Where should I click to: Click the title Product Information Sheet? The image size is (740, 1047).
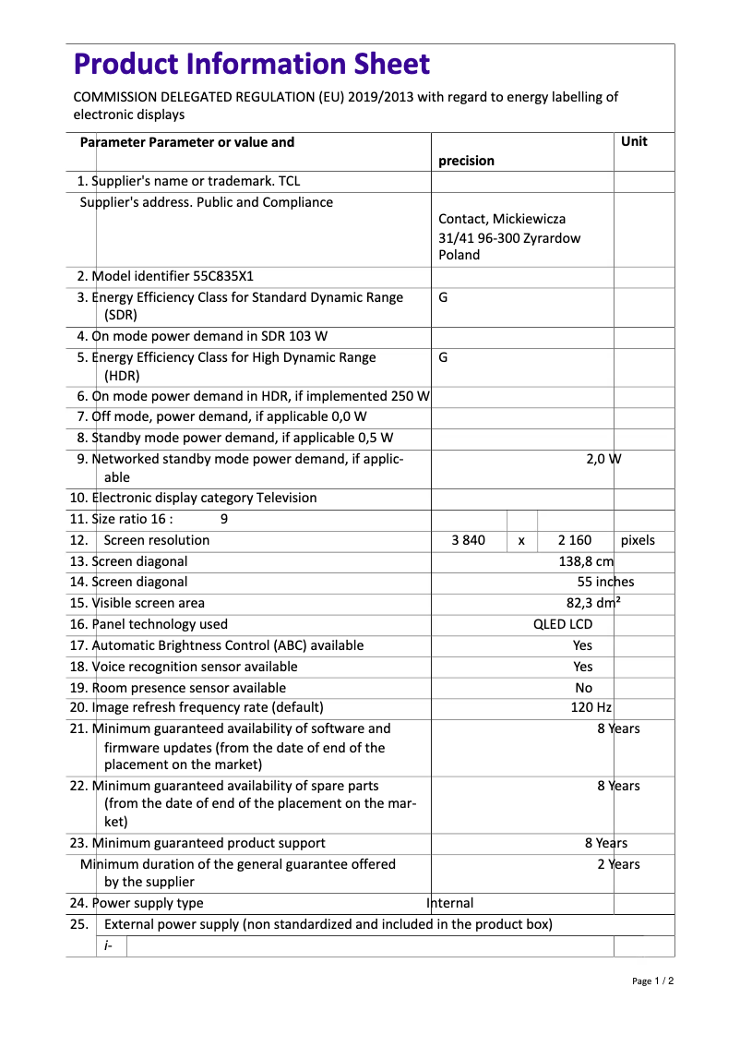(x=251, y=64)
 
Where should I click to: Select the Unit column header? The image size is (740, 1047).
(x=634, y=141)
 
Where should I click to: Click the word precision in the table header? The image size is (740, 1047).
(x=466, y=161)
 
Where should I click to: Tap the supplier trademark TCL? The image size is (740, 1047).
(x=289, y=181)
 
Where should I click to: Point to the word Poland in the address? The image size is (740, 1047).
(x=459, y=255)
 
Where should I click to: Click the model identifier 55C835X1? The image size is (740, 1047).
(x=223, y=276)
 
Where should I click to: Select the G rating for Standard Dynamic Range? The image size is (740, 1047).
(x=444, y=297)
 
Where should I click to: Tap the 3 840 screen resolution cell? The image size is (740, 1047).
(x=468, y=540)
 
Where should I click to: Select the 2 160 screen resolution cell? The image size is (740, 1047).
(x=575, y=540)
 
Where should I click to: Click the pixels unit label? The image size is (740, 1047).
(x=638, y=540)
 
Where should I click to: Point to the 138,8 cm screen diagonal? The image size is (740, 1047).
(x=586, y=561)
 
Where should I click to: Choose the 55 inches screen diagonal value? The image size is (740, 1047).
(x=605, y=582)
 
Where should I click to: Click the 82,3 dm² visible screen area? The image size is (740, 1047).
(x=593, y=603)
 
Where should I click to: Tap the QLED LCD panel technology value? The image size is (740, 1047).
(x=563, y=624)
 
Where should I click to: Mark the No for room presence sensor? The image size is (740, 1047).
(x=583, y=688)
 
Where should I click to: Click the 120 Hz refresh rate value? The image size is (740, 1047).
(x=591, y=707)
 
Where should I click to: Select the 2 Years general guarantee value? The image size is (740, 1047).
(x=617, y=864)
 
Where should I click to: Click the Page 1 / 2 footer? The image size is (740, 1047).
(x=652, y=981)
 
